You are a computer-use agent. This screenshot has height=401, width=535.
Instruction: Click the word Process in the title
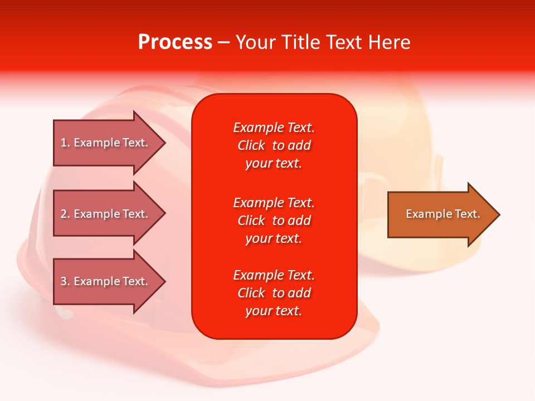175,42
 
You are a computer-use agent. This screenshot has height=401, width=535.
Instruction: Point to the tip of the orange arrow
498,214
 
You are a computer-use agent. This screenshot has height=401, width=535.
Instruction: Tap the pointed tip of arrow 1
164,143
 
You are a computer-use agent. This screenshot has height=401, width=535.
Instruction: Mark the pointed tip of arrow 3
164,281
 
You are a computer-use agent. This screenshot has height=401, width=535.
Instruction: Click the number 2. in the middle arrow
65,214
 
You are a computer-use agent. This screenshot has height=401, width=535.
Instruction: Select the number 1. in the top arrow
65,143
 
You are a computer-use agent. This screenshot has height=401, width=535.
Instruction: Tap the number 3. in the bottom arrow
65,281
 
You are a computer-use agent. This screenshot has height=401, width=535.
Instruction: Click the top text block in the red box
274,145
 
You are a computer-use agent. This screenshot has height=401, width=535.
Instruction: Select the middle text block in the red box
274,221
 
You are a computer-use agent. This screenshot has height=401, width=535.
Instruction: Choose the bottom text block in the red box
274,293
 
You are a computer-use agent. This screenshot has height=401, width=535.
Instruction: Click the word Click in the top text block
251,146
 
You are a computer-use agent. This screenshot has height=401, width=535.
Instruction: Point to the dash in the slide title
223,42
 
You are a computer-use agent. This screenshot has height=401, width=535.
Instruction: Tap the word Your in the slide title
256,42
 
